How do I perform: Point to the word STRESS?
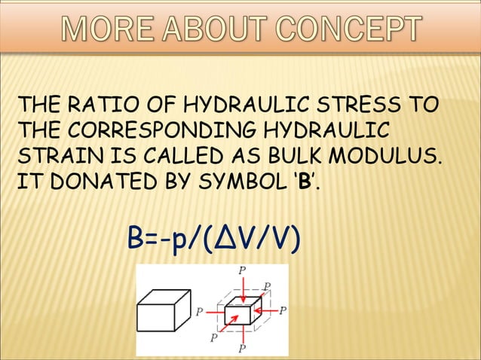pyautogui.click(x=369, y=103)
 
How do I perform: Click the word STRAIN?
pyautogui.click(x=54, y=155)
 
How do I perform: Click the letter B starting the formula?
pyautogui.click(x=136, y=240)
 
